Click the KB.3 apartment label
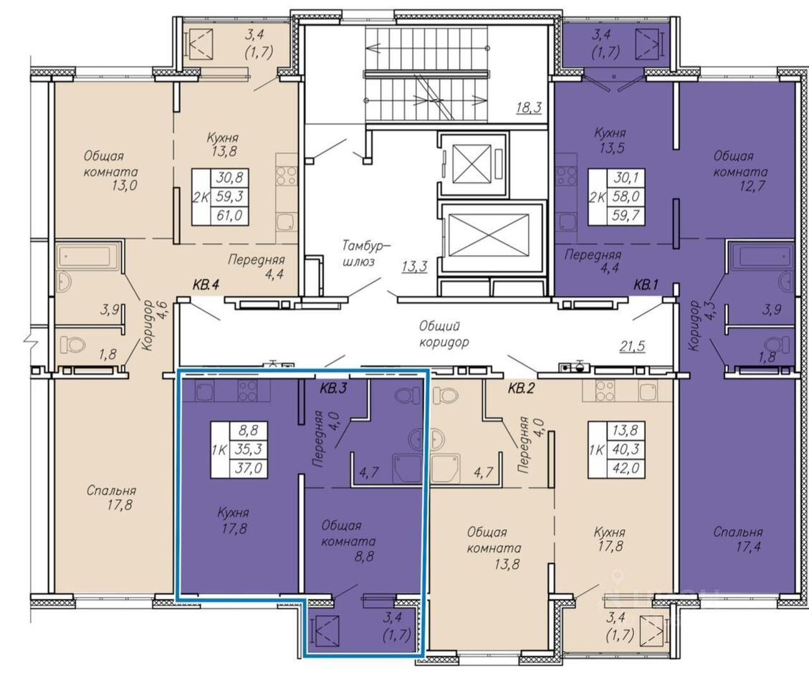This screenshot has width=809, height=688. pos(332,388)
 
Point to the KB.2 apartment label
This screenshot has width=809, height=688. pos(521,388)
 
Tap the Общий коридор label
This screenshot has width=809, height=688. pos(444,333)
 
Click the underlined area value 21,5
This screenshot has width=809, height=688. pos(632,346)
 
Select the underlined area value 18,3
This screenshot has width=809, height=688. pos(529,107)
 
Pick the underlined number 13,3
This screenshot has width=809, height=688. pos(414,267)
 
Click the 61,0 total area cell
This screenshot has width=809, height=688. pos(229,215)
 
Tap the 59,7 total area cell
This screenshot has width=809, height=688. pos(626,215)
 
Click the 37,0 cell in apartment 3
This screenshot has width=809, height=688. pos(249,468)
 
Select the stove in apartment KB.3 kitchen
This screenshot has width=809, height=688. pos(249,390)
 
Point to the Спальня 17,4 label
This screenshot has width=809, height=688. pos(738,539)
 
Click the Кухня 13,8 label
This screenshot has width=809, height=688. pos(222,145)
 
